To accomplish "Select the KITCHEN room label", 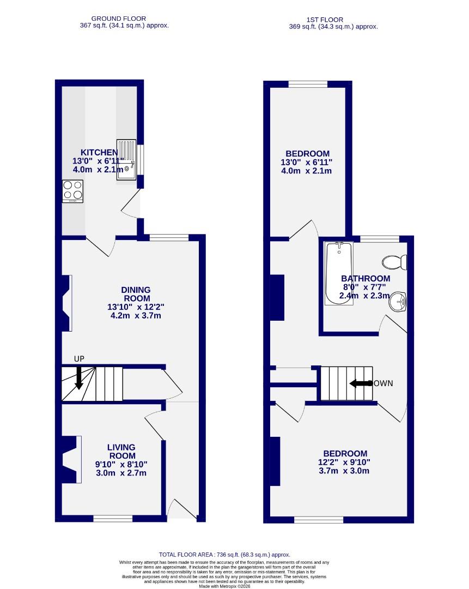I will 99,152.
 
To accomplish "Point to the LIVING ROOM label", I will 121,452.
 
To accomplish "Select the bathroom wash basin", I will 399,301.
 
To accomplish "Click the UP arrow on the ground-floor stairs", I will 79,377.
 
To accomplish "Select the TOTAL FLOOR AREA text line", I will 224,554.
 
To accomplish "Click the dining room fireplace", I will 66,303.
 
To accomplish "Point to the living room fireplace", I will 70,459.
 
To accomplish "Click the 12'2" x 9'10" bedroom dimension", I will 345,462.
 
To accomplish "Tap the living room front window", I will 113,518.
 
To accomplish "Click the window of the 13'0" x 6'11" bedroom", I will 308,84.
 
